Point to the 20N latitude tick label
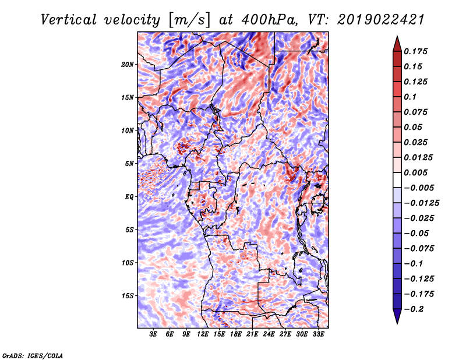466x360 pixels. pos(128,64)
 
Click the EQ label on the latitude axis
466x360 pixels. pos(129,197)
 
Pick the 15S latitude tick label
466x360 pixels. pos(128,296)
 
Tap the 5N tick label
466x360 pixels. pos(129,164)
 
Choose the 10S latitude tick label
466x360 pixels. pos(128,263)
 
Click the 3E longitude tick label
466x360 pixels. pos(154,334)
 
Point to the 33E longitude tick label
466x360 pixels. pos(319,334)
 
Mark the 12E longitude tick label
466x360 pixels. pos(203,334)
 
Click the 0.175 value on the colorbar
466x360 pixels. pos(417,52)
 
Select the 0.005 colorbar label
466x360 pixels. pos(417,173)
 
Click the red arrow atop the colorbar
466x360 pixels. pos(397,43)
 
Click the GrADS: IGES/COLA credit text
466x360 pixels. pos(32,355)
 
